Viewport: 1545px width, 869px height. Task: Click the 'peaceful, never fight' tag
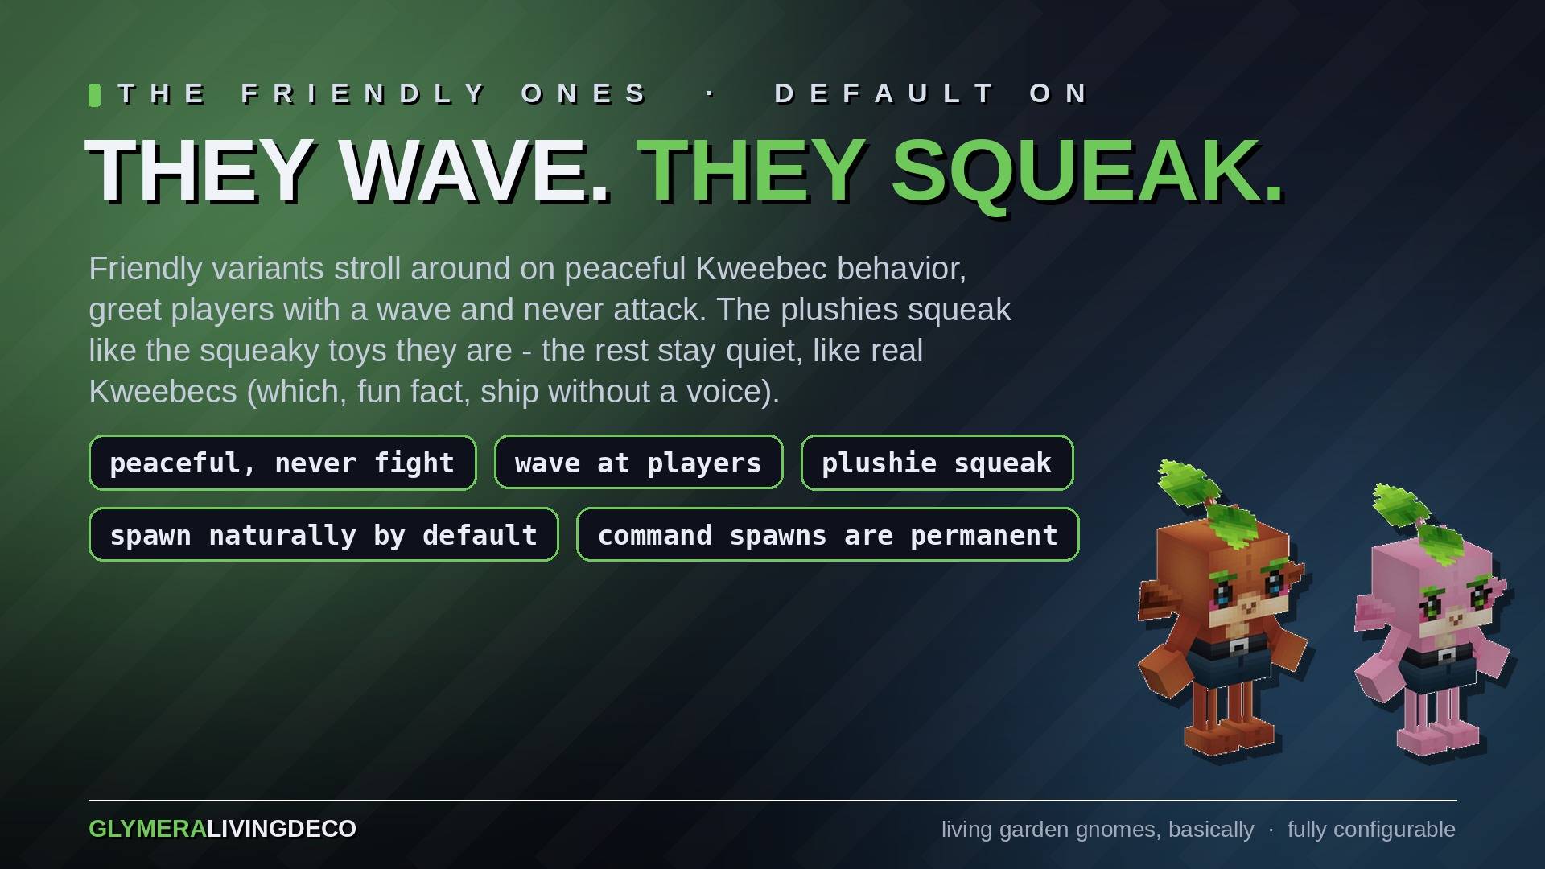(x=282, y=463)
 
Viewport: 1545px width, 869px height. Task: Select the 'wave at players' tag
(x=638, y=463)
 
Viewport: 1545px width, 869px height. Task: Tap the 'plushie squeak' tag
(x=937, y=463)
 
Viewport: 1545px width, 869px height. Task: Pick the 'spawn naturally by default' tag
(x=323, y=535)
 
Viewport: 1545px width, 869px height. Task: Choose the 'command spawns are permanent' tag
(x=827, y=535)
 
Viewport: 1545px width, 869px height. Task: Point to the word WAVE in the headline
(x=474, y=171)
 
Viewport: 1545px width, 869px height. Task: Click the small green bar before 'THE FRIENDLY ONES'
(x=94, y=95)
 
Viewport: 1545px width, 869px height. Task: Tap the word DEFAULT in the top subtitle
(x=885, y=93)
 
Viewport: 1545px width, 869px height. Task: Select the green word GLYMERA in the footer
(x=147, y=829)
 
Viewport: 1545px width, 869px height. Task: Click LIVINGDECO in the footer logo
(x=282, y=829)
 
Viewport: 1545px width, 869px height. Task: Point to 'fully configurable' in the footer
(x=1371, y=830)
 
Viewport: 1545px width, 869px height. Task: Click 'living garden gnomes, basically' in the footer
(x=1098, y=830)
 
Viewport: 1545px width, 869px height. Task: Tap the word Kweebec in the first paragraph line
(x=761, y=269)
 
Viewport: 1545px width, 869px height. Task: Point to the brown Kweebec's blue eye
(x=1223, y=595)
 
